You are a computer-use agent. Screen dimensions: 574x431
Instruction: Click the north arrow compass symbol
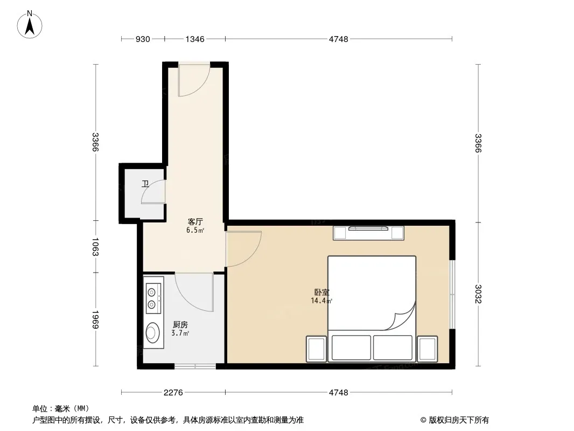[30, 25]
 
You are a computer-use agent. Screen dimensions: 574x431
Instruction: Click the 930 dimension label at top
[143, 39]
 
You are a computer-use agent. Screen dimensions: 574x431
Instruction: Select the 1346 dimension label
[195, 39]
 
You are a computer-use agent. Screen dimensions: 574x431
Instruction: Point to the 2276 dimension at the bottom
[173, 393]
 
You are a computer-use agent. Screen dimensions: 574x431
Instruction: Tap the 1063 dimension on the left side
[95, 247]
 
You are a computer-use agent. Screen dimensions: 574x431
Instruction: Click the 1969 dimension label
[95, 319]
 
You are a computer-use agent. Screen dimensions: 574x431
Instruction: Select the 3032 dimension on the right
[478, 294]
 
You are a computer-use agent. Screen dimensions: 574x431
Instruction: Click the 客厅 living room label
[195, 221]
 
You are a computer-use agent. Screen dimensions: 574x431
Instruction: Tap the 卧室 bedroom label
[322, 292]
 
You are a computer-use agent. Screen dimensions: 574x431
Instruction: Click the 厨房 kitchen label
[180, 325]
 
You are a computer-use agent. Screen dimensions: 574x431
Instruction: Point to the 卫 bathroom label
[145, 184]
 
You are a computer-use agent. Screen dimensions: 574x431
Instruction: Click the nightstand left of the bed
[316, 349]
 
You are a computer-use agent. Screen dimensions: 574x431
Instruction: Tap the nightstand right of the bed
[428, 349]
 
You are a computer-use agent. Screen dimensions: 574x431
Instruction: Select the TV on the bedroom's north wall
[368, 228]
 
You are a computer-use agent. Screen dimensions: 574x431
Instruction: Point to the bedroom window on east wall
[452, 294]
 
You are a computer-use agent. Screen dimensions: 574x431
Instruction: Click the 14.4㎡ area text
[321, 301]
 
